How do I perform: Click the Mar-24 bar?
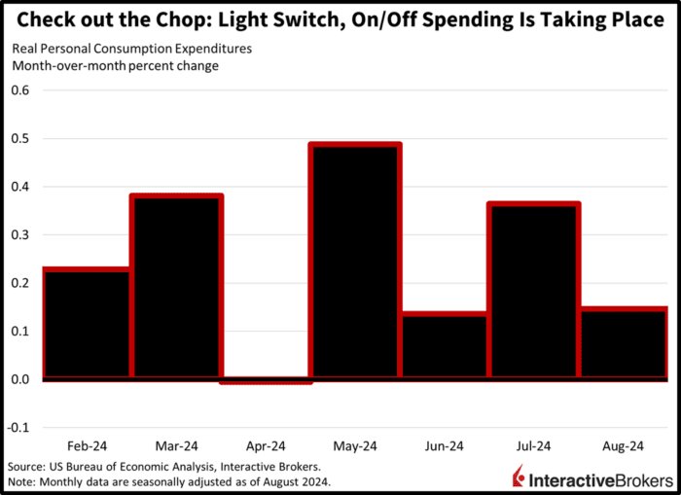[177, 286]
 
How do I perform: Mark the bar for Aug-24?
[624, 343]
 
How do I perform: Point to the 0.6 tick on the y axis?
[20, 90]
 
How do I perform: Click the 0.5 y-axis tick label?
[20, 138]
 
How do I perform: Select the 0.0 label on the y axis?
[20, 379]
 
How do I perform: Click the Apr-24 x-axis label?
[267, 446]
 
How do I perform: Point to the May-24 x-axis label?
[355, 446]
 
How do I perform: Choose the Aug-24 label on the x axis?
[624, 446]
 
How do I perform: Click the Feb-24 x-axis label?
[88, 446]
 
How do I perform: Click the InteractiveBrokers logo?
[591, 477]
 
